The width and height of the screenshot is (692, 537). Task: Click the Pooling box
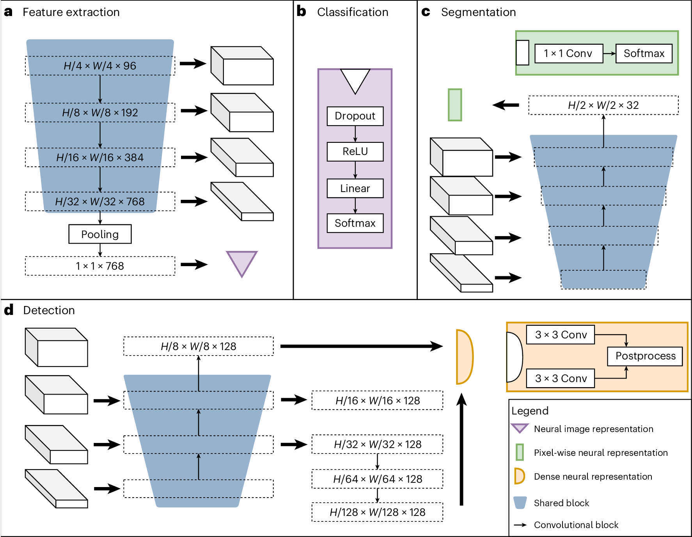100,234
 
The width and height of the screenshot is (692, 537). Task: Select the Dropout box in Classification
355,116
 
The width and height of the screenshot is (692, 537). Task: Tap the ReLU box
355,151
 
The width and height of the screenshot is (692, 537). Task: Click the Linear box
355,188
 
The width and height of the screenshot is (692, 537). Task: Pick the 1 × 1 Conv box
568,53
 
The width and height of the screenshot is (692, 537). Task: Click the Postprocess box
645,356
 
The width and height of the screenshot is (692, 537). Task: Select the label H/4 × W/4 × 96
100,66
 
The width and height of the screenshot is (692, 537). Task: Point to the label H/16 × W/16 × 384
100,157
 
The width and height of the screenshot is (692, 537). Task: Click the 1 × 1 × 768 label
100,266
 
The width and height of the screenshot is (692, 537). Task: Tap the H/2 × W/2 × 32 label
603,105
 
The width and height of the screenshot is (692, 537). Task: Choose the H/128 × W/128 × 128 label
377,512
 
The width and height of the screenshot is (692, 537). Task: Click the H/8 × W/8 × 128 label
198,346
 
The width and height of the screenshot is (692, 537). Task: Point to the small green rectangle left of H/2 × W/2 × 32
455,105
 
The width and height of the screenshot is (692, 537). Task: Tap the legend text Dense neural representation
593,477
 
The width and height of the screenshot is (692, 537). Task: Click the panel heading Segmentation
478,12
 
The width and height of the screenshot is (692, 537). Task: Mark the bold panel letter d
9,310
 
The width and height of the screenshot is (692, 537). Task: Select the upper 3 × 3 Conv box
561,334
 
